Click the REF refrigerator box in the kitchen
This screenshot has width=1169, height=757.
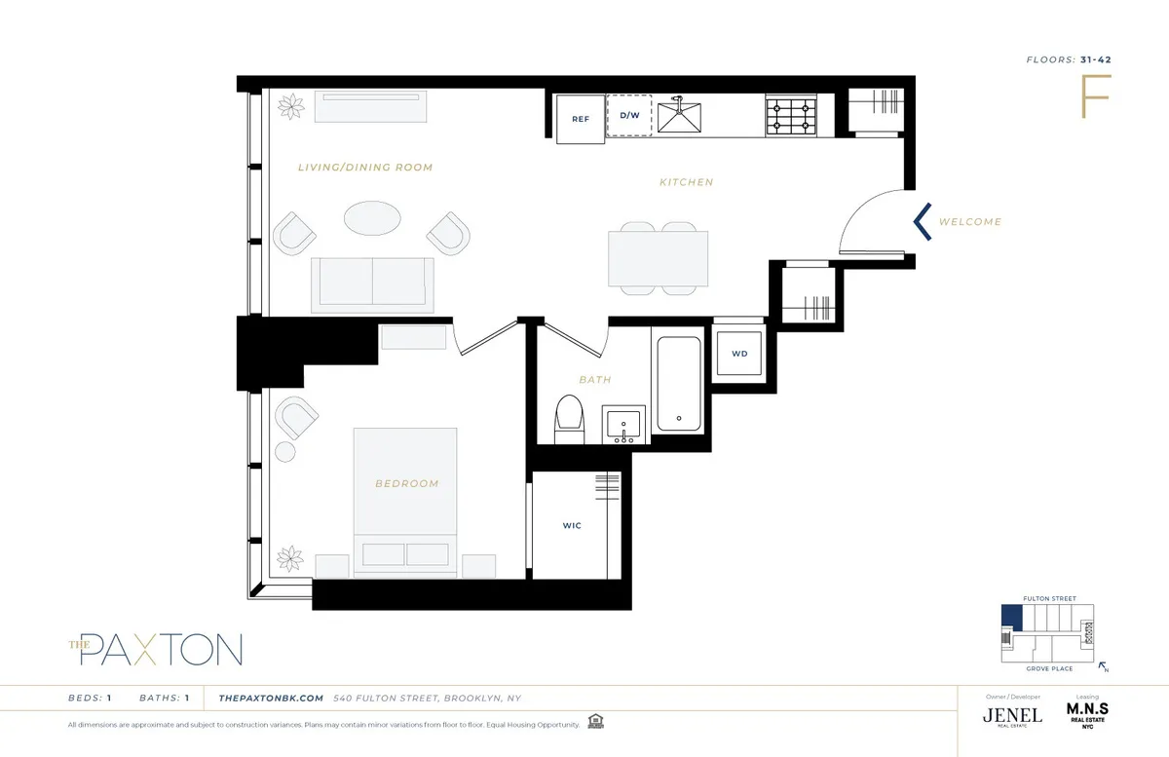(581, 119)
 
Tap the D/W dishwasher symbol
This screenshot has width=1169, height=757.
(629, 116)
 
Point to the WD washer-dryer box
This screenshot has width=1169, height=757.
(739, 353)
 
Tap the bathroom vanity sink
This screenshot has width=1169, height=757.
(623, 426)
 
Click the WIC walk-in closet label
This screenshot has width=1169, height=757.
(572, 526)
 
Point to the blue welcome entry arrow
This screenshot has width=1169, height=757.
(922, 221)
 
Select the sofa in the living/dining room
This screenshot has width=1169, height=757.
(372, 283)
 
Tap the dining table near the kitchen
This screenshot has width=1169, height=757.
(659, 258)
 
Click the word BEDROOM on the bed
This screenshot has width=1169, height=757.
(406, 483)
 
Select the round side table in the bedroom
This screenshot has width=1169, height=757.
(284, 452)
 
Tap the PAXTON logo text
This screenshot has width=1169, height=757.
(161, 648)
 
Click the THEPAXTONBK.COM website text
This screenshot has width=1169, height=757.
(271, 699)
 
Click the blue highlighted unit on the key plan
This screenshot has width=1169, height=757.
(1013, 616)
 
